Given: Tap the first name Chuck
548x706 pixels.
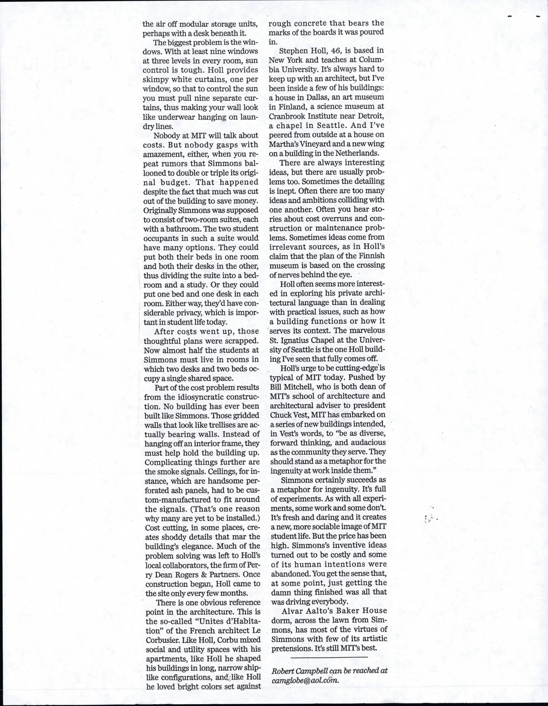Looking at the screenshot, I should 279,415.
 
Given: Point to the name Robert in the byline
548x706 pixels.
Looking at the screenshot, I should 284,671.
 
